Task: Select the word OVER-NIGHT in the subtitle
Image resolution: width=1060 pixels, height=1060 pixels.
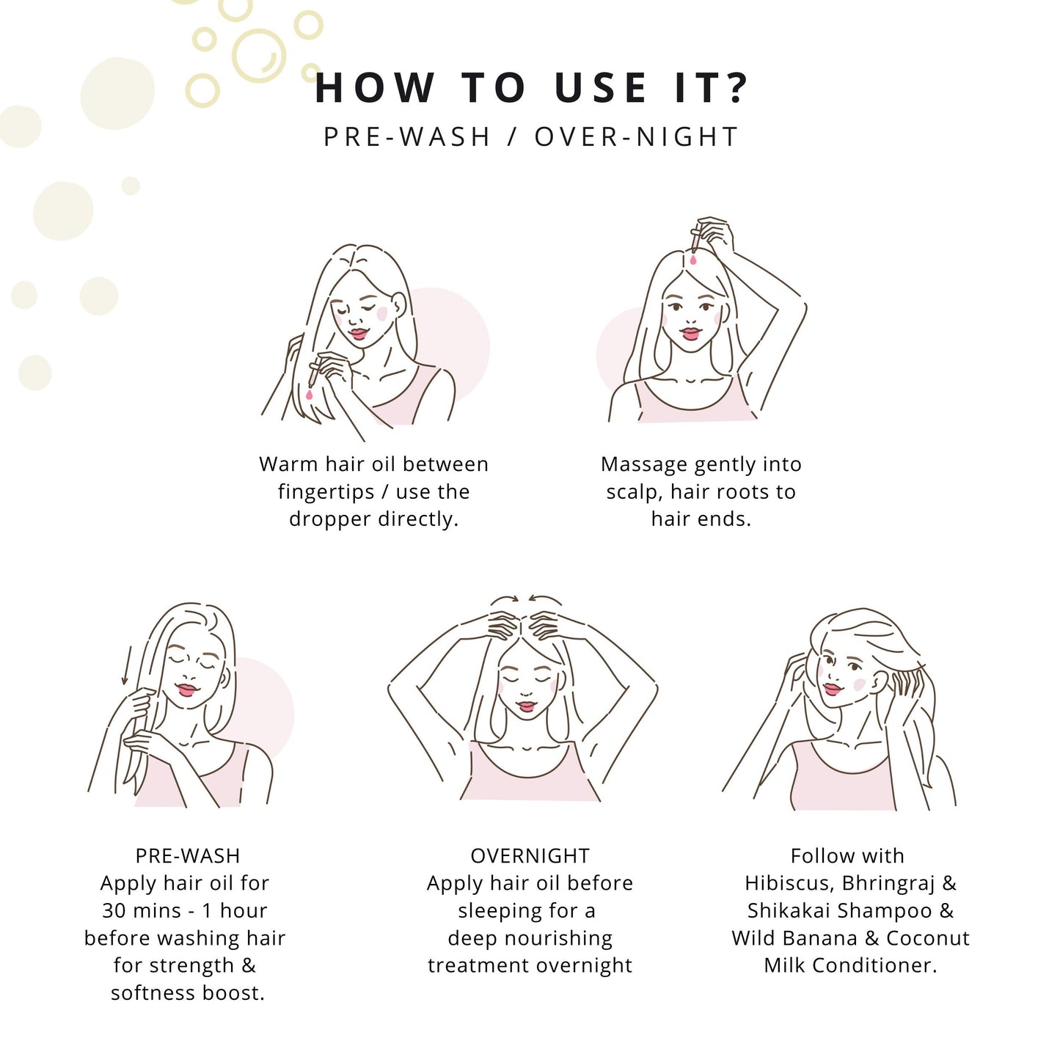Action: click(636, 136)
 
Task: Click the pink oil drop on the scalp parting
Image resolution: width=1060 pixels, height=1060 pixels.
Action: click(692, 258)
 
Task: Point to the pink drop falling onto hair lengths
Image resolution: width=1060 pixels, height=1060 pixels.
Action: click(309, 395)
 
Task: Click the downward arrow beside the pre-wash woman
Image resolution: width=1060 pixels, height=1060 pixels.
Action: click(127, 665)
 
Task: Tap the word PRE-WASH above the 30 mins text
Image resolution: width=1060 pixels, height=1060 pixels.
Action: click(188, 855)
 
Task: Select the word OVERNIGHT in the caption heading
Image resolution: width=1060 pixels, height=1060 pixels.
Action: click(530, 855)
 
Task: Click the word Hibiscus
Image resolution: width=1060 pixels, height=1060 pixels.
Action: click(790, 883)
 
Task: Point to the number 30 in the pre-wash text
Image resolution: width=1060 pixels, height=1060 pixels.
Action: click(113, 910)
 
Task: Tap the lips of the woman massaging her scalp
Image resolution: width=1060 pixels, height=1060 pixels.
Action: click(527, 706)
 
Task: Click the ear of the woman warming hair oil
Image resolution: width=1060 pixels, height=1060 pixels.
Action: click(399, 304)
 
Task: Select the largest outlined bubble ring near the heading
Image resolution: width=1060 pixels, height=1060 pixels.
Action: click(258, 56)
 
